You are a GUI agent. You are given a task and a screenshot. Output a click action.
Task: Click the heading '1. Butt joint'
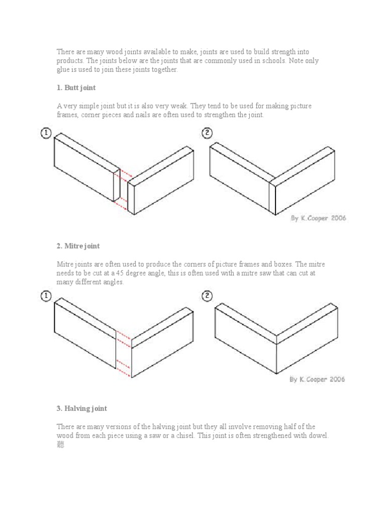(x=76, y=88)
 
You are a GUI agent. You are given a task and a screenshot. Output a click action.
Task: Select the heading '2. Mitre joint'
(x=78, y=246)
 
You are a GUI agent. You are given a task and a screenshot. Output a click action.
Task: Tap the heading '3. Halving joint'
(x=81, y=408)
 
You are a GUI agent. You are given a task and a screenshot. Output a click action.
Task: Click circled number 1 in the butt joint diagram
(x=46, y=133)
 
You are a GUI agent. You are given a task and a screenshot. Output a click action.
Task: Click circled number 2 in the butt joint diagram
(x=207, y=133)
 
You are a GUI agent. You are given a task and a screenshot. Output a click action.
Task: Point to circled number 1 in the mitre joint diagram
(x=46, y=296)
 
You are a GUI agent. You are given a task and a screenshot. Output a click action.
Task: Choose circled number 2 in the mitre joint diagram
(x=207, y=296)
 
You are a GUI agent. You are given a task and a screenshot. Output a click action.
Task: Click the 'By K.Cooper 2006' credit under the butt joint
(x=318, y=219)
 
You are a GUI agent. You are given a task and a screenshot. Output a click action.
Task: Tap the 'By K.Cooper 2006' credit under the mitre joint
(x=317, y=379)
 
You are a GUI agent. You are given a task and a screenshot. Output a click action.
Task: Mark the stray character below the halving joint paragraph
(x=60, y=445)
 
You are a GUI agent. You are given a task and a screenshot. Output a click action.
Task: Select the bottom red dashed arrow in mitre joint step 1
(x=124, y=373)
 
